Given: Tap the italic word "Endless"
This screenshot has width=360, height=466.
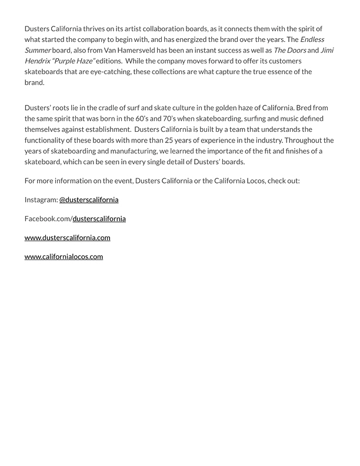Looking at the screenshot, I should [x=311, y=39].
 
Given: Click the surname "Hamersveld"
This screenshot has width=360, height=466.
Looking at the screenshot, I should [x=132, y=50].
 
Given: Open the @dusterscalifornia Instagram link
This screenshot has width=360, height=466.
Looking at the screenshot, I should [x=89, y=199].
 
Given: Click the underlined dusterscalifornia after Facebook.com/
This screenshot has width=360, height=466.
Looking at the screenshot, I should [x=99, y=218].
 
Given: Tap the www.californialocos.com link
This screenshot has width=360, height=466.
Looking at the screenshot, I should [x=64, y=257].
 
